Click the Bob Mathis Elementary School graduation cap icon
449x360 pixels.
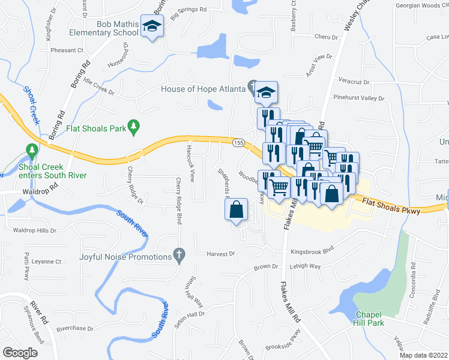tap(152, 26)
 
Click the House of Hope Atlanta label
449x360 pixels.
tap(203, 89)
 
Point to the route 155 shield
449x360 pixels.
tap(238, 142)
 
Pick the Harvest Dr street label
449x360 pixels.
tap(221, 254)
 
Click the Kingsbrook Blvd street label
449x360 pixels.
tap(311, 252)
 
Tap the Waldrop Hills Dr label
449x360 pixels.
tap(34, 230)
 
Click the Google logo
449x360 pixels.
tap(20, 353)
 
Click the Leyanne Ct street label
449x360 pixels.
tap(47, 262)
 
